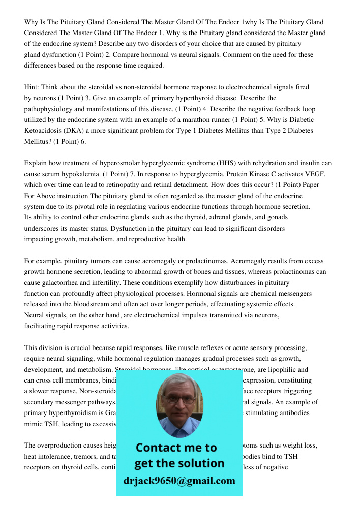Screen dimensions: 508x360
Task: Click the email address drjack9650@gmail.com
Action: point(179,481)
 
